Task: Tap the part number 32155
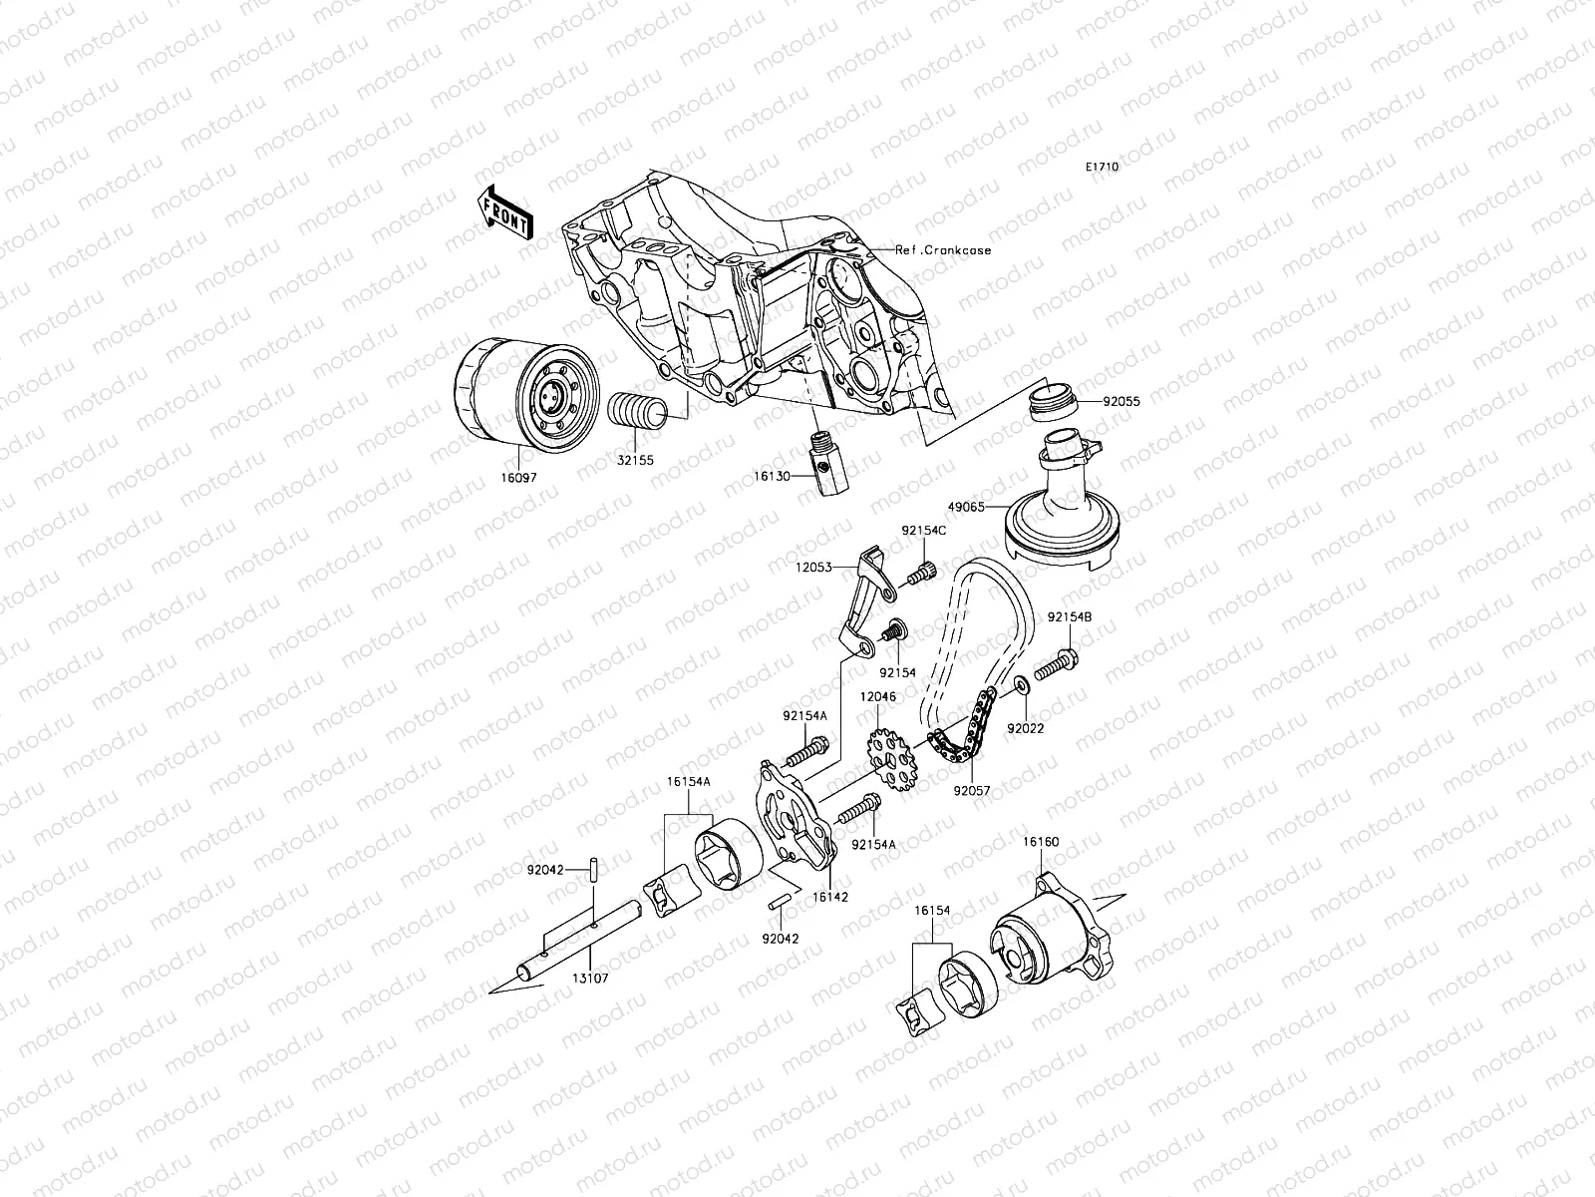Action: [x=629, y=462]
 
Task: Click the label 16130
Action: [x=771, y=477]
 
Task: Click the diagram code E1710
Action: [x=1103, y=168]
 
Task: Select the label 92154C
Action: [x=923, y=531]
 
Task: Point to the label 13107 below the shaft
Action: [x=591, y=979]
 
